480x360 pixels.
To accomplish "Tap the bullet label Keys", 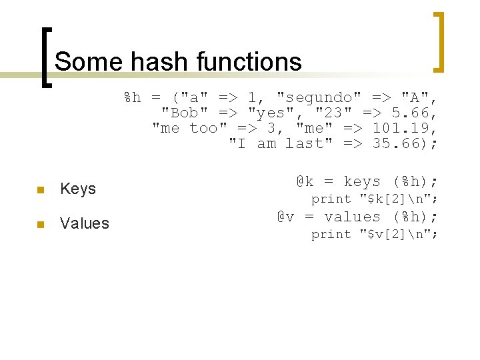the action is point(78,189).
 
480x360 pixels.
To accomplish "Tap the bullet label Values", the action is point(85,223).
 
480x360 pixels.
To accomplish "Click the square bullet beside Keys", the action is point(41,190).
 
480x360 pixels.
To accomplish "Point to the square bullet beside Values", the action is point(41,224).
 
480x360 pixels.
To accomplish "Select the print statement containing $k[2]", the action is point(374,199).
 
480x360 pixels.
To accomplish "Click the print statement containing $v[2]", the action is point(374,234).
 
